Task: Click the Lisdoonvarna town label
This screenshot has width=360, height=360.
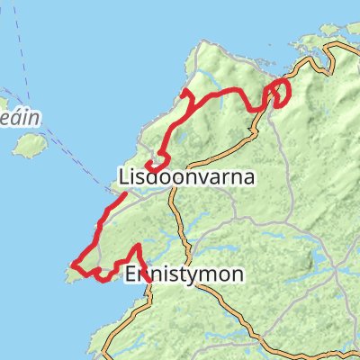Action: tap(186, 176)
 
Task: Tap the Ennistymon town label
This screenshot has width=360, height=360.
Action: tap(184, 274)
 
